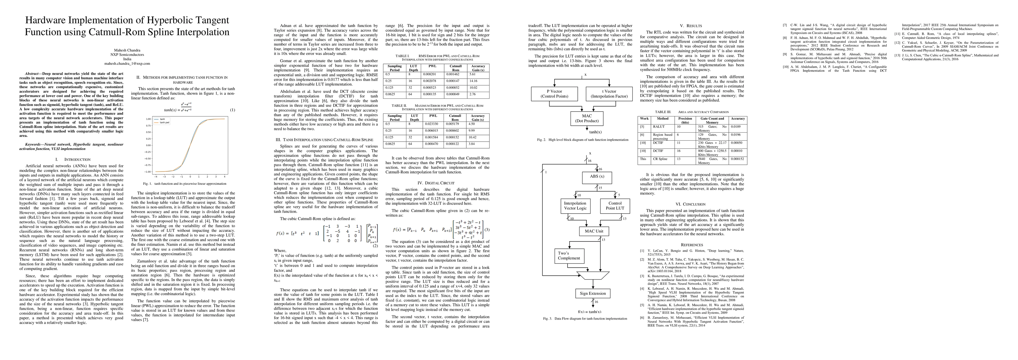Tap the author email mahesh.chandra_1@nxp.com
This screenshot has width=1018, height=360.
(127, 63)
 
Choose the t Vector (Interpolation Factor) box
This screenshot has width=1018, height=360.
(609, 94)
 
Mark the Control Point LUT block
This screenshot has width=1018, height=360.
(615, 205)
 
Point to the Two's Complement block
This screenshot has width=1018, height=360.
(569, 256)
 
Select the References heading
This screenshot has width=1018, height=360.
(691, 245)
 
